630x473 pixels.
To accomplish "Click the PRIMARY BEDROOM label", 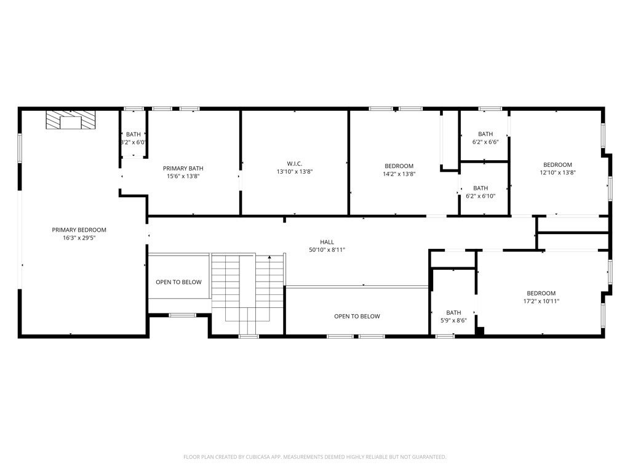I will (79, 230).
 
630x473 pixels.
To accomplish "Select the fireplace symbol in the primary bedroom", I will (71, 120).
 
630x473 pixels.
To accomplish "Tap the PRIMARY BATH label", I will (183, 168).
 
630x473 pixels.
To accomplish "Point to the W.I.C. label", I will (294, 163).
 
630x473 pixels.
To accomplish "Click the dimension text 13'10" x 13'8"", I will (294, 172).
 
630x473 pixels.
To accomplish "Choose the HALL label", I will (327, 242).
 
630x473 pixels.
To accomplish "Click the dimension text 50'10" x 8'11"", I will (327, 250).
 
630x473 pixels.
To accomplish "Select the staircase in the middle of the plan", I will (247, 289).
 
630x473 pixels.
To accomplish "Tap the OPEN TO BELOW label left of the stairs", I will (178, 282).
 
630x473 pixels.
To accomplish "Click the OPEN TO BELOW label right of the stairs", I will (357, 317).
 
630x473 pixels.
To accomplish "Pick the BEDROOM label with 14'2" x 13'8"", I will (399, 166).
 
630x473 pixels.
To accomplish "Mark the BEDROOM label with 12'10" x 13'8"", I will (557, 164).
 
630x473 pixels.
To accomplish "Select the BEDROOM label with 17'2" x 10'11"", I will (541, 293).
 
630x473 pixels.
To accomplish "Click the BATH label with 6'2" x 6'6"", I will (485, 134).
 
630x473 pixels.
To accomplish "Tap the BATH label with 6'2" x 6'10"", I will (480, 188).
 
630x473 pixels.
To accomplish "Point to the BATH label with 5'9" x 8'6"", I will (453, 312).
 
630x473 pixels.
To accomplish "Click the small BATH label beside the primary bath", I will (134, 134).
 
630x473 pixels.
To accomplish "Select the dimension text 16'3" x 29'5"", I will (79, 238).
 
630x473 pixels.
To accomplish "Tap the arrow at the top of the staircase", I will (269, 257).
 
